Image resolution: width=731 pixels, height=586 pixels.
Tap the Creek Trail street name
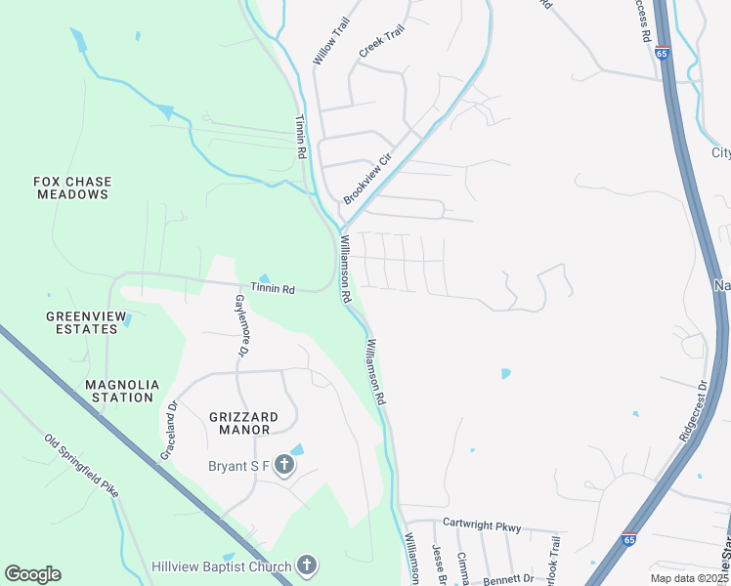(x=381, y=41)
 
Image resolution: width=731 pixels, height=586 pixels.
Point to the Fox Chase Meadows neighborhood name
(x=72, y=188)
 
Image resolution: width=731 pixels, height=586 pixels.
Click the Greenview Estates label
(x=82, y=322)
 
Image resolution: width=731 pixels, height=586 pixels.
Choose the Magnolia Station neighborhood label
(x=119, y=391)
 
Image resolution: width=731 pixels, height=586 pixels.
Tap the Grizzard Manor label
(x=243, y=423)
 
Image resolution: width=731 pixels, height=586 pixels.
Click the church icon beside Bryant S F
(x=283, y=465)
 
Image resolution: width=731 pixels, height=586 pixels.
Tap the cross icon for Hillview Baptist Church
(x=307, y=565)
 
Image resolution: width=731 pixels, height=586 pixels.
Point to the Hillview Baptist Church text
(x=222, y=566)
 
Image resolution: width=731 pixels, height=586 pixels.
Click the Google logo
(x=32, y=574)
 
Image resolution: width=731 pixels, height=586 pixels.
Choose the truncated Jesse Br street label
(x=439, y=565)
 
